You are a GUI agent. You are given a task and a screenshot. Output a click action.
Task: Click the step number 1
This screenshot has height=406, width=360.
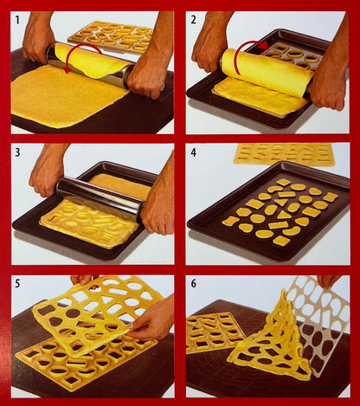[x=17, y=20]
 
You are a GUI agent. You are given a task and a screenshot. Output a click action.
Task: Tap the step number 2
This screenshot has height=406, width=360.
[x=193, y=20]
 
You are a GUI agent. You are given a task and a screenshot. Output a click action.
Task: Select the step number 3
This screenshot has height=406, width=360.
[x=17, y=152]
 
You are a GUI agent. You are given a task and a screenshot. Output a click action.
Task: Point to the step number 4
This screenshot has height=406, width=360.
[x=193, y=152]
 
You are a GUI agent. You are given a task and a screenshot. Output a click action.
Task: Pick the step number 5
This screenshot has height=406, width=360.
[x=17, y=283]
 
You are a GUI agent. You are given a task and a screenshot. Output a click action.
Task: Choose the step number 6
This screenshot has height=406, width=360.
[x=193, y=283]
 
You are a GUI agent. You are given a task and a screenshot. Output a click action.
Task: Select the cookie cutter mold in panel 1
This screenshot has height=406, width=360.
[x=111, y=36]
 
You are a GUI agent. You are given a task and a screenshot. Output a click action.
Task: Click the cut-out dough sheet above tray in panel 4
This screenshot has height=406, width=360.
[x=284, y=154]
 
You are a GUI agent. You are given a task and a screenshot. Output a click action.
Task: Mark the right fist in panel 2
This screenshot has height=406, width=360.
[x=329, y=87]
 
